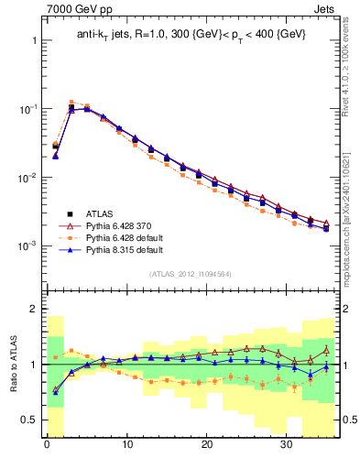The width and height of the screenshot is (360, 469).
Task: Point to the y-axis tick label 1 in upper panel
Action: click(33, 41)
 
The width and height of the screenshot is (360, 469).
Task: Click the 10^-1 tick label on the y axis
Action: click(27, 109)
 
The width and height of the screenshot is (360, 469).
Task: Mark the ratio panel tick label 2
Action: click(33, 309)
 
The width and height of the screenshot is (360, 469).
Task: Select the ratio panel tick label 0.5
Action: click(29, 420)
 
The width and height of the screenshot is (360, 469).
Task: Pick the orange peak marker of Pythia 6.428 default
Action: click(71, 103)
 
